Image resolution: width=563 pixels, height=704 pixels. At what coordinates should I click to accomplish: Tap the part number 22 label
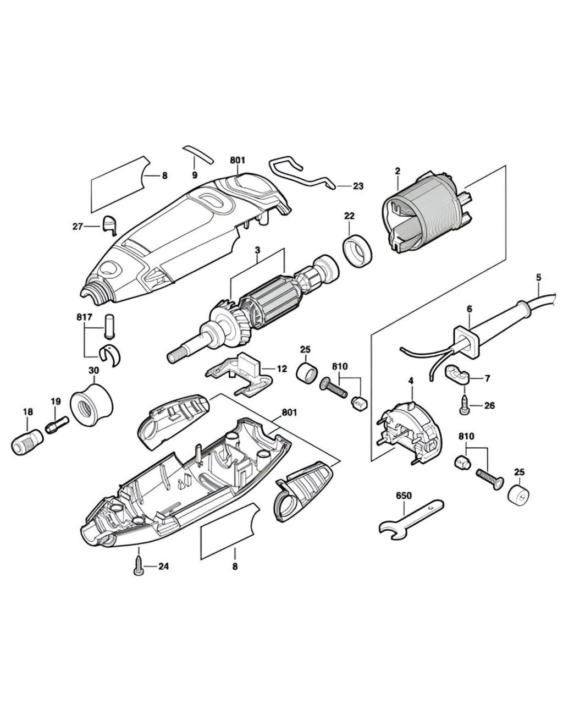pos(349,216)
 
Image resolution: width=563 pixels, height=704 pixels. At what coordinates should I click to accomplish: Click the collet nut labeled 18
pos(27,441)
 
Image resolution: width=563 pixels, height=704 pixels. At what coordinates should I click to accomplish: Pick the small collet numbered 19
pos(58,426)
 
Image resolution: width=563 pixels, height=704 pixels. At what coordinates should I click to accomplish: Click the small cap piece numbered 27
pos(109,225)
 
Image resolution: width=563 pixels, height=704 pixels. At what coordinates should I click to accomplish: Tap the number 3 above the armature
pos(257,250)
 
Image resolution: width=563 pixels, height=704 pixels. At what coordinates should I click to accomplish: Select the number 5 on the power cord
pos(538,277)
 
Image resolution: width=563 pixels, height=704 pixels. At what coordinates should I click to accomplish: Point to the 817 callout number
pos(85,317)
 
